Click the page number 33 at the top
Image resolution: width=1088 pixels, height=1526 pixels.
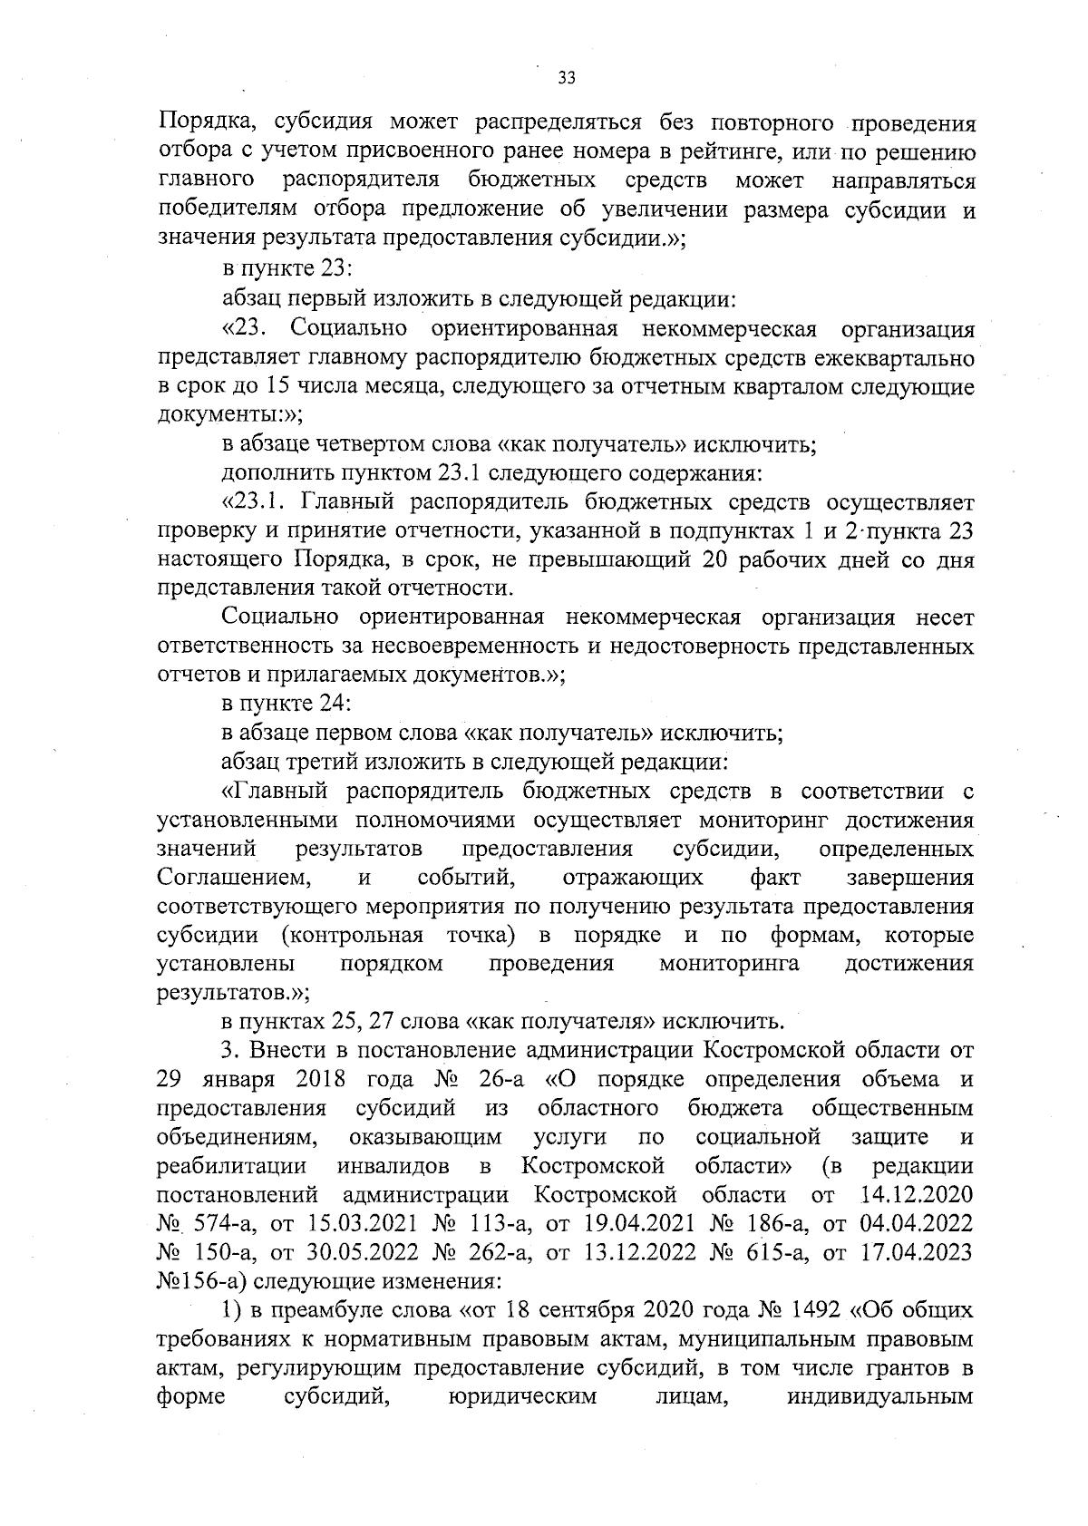pos(567,78)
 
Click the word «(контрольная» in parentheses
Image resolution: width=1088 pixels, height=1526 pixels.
pos(352,935)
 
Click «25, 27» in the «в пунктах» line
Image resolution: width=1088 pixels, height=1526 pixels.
pos(361,1022)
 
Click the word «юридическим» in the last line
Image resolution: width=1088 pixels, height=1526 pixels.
pos(523,1396)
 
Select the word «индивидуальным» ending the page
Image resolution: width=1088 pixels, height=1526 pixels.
pos(880,1396)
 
